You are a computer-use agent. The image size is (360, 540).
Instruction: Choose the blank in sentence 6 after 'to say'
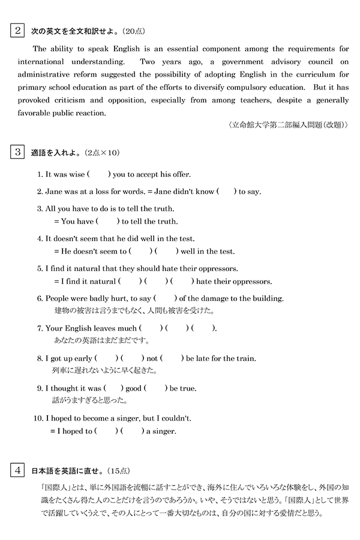coord(166,298)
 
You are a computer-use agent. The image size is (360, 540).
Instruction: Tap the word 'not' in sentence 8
coord(152,359)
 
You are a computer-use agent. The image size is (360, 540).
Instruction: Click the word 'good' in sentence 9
coord(133,389)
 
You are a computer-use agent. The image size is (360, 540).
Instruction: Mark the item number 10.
coord(41,418)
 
